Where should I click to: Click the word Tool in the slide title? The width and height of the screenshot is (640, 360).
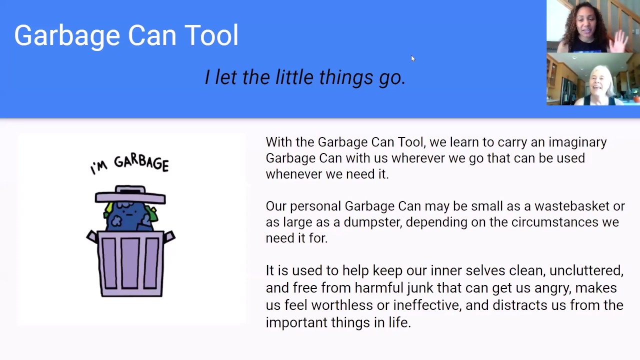(211, 35)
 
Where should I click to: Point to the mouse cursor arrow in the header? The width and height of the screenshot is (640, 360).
(412, 58)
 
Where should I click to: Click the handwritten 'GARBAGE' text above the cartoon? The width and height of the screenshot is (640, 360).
(141, 162)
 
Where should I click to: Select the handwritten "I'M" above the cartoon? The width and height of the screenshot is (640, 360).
(99, 167)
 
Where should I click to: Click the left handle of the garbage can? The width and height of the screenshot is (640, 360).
(92, 236)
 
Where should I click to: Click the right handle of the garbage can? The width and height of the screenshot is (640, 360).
(169, 236)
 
